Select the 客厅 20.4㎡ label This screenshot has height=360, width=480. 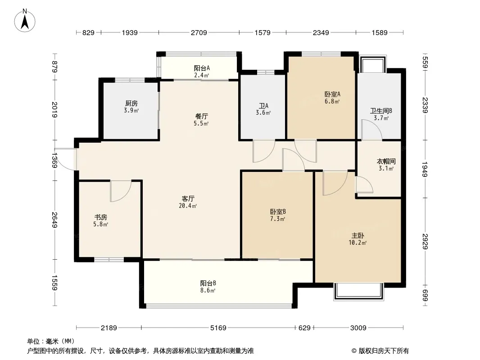pos(188,202)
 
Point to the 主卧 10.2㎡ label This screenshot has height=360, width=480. pos(358,238)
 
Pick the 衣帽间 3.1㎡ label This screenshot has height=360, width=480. pos(385,164)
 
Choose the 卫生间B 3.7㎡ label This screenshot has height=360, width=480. pos(381,114)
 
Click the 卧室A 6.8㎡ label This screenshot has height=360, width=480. pos(332,98)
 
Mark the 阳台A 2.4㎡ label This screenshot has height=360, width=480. pos(201,72)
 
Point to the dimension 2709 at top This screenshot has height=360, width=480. pos(199,32)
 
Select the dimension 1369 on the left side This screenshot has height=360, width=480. pos(54,161)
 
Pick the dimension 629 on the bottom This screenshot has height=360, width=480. pos(304,328)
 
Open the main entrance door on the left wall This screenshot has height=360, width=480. pos(67,159)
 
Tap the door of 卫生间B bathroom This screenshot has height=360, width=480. pos(372,130)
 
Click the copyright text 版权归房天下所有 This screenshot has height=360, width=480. pos(381,351)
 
